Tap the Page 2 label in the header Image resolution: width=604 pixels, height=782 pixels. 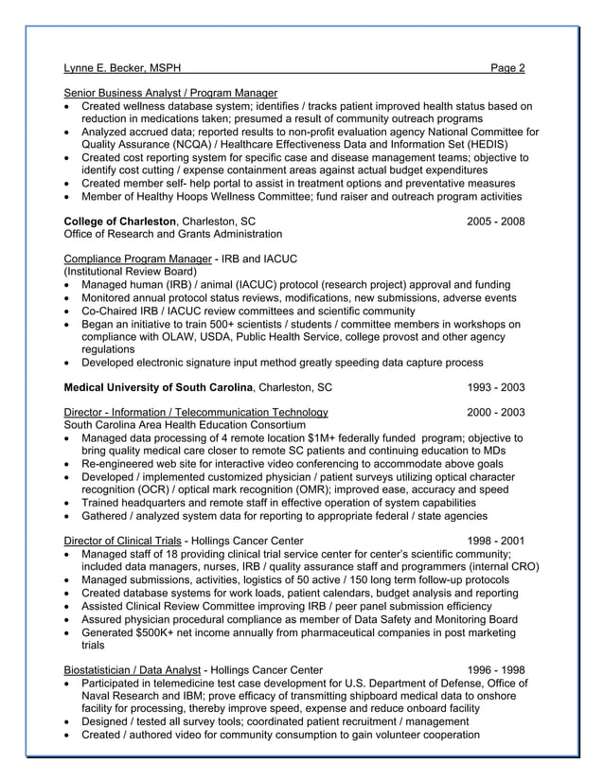coord(507,68)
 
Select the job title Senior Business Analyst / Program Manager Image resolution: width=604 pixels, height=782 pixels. coord(170,93)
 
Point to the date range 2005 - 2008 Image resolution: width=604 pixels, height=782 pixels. coord(495,221)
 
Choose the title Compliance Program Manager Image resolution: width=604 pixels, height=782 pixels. coord(137,258)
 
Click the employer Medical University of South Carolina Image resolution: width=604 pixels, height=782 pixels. coord(158,387)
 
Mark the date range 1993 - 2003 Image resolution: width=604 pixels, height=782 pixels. coord(495,387)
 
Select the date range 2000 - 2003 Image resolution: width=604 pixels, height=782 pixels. coord(495,412)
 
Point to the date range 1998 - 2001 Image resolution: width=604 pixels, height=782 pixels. coord(495,541)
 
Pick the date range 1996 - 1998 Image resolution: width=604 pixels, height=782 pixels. coord(495,669)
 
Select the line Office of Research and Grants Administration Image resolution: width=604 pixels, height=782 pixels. coord(172,234)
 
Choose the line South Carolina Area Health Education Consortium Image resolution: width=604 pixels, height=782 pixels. coord(185,425)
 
